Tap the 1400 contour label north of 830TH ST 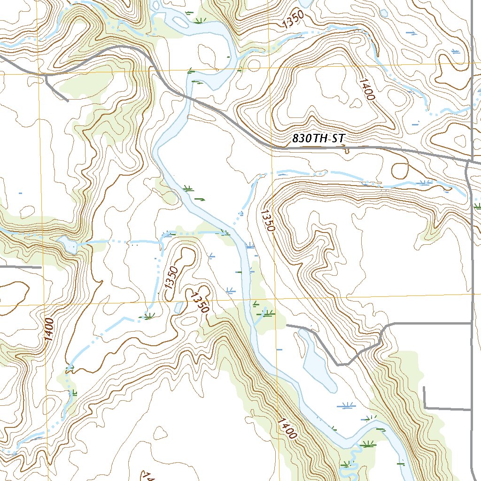click(x=367, y=89)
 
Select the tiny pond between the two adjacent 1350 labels click(x=178, y=307)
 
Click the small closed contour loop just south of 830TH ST click(x=400, y=170)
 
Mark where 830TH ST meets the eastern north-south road click(x=471, y=161)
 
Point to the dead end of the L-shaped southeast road click(x=424, y=387)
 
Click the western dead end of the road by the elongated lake click(x=287, y=325)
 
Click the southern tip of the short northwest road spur click(x=68, y=100)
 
